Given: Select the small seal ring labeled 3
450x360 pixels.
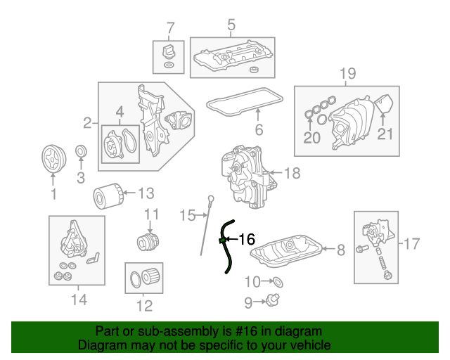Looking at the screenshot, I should (x=81, y=151).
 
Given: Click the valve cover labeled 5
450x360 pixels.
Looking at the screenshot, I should (x=232, y=55).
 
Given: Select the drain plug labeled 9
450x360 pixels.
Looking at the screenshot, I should (x=273, y=302).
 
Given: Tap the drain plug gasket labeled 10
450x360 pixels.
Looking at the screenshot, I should (x=277, y=283).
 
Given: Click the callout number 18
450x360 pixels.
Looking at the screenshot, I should (x=292, y=172).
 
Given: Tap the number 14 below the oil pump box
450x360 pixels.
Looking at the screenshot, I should (x=79, y=300).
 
